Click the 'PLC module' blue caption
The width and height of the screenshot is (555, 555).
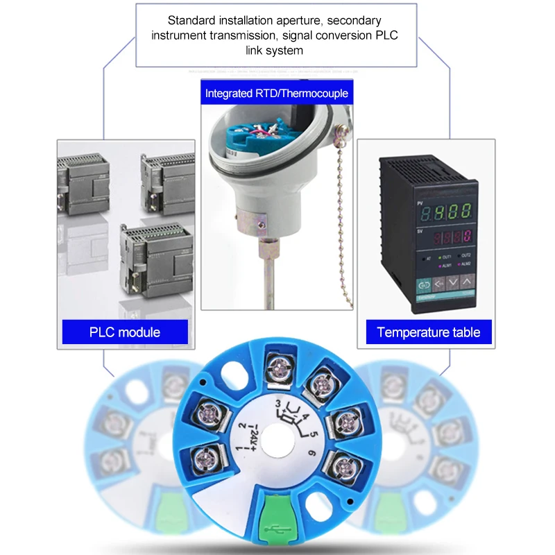point(125,332)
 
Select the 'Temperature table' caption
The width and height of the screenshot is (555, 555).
point(428,332)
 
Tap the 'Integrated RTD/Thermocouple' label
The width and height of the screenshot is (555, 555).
point(276,93)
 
